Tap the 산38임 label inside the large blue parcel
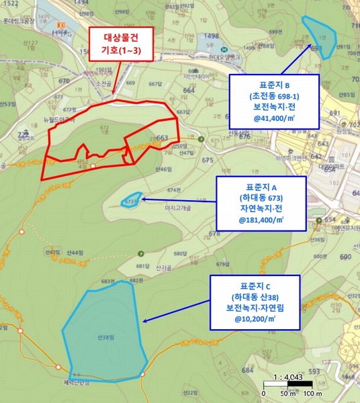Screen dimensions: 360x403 104,337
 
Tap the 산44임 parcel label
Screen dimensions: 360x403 76,252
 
